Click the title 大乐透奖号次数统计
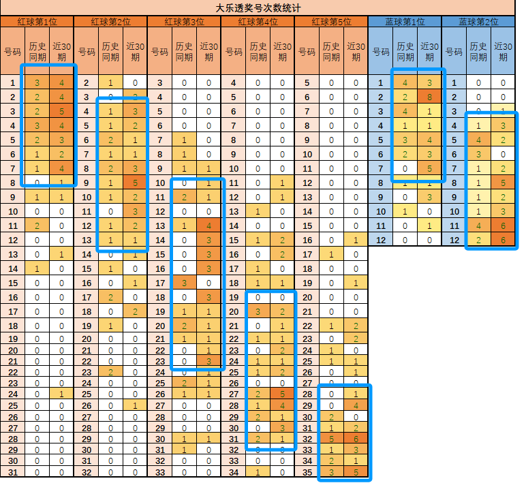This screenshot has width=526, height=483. [x=262, y=8]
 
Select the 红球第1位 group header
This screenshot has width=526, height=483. [x=36, y=22]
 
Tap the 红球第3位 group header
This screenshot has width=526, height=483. [x=184, y=22]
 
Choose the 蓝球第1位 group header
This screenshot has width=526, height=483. [x=405, y=22]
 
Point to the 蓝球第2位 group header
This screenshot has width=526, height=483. [x=478, y=22]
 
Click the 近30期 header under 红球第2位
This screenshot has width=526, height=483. [x=135, y=52]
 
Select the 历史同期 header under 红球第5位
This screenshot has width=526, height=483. [x=332, y=52]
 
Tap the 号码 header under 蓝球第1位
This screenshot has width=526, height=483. [x=381, y=52]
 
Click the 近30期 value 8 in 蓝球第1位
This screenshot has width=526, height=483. [x=429, y=97]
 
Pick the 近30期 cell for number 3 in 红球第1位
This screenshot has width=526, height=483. [x=61, y=111]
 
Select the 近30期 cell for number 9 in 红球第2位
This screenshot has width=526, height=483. [x=135, y=183]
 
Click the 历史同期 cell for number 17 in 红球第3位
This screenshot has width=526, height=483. [x=185, y=282]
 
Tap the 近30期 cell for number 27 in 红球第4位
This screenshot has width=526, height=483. [x=282, y=394]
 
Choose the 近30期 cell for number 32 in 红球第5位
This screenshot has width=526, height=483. [x=356, y=437]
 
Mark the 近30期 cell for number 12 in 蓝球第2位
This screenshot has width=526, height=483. [x=503, y=239]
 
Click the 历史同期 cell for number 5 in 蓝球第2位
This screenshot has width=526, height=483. [x=478, y=140]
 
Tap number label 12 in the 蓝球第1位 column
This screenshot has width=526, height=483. [x=381, y=239]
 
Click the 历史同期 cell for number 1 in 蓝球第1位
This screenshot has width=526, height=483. [x=405, y=83]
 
